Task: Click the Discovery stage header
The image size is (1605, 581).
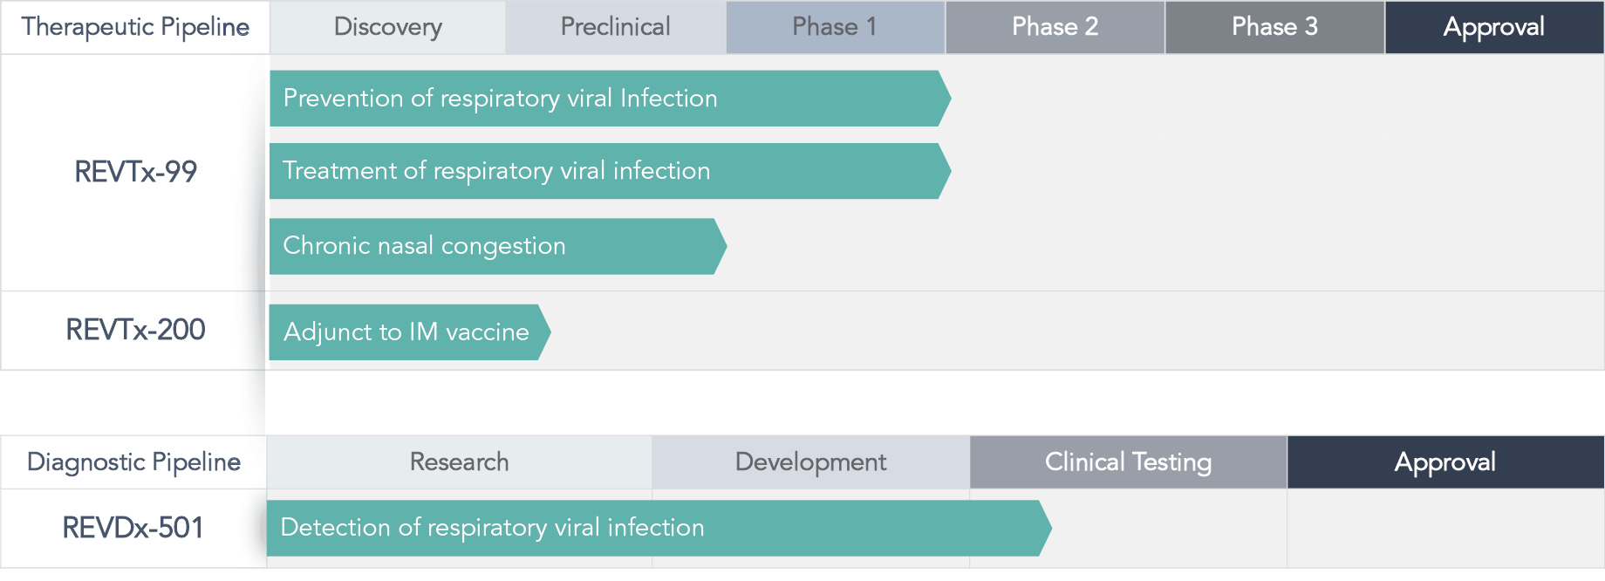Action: click(388, 27)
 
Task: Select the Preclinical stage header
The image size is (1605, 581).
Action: click(616, 27)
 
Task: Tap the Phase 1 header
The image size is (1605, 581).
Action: click(835, 27)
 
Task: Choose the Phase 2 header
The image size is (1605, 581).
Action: click(1055, 27)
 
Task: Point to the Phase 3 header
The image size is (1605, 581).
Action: click(1274, 27)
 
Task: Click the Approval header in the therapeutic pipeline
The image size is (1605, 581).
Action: click(1494, 27)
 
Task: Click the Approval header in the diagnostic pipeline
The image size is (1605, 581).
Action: click(1445, 462)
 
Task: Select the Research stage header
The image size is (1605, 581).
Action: click(460, 462)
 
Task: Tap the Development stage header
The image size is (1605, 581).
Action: click(811, 462)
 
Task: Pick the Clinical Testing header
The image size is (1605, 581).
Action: click(1129, 462)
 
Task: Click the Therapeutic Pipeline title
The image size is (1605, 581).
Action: click(135, 27)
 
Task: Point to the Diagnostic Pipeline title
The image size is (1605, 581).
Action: click(133, 462)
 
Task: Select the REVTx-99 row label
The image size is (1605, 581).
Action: click(135, 172)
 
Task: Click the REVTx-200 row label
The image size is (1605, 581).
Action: click(135, 330)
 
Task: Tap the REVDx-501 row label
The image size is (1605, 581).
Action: click(133, 528)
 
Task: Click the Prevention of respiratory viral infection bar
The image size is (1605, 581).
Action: click(610, 99)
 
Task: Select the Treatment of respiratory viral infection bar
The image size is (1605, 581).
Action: click(610, 171)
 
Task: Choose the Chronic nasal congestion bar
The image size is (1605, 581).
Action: click(498, 246)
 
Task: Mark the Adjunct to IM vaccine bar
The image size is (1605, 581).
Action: click(410, 332)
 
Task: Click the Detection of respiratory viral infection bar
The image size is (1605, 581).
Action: click(659, 528)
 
